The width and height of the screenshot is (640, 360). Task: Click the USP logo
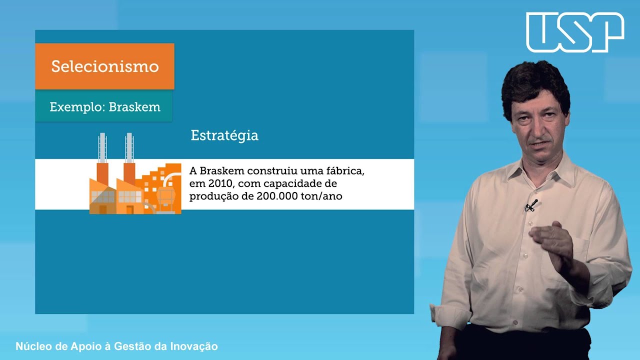(575, 32)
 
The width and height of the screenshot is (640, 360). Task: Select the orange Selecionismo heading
(105, 66)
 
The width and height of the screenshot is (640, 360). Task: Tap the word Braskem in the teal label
(134, 107)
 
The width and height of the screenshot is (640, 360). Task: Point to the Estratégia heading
(224, 135)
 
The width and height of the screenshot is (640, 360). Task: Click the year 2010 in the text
(217, 183)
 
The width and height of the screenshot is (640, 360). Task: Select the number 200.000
(274, 196)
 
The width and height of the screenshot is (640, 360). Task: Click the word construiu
(270, 170)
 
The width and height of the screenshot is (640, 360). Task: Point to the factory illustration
(135, 182)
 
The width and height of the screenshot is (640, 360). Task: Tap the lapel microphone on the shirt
(531, 205)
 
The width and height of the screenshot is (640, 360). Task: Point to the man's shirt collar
(545, 167)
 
